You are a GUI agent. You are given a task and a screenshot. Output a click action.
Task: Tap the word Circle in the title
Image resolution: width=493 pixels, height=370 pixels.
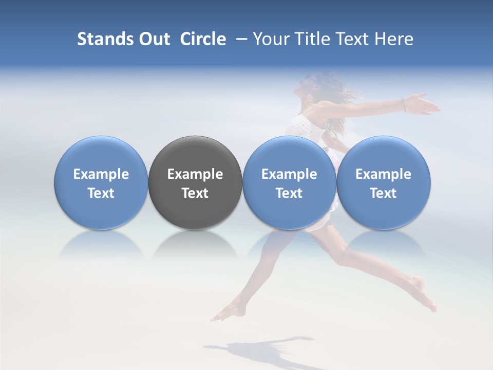pyautogui.click(x=203, y=40)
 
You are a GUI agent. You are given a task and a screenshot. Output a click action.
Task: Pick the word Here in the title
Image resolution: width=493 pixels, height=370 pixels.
pyautogui.click(x=394, y=40)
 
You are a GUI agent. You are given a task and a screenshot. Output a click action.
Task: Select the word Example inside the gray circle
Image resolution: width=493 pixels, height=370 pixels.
pyautogui.click(x=195, y=174)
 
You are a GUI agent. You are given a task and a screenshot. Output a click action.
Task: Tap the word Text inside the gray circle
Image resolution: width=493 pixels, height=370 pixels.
pyautogui.click(x=195, y=193)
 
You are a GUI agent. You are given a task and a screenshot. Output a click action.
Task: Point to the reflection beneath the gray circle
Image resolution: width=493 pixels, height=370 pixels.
pyautogui.click(x=195, y=244)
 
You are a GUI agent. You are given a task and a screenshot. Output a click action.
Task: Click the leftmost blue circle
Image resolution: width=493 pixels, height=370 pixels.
pyautogui.click(x=101, y=182)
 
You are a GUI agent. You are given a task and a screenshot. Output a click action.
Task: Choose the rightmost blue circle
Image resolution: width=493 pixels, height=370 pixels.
pyautogui.click(x=384, y=182)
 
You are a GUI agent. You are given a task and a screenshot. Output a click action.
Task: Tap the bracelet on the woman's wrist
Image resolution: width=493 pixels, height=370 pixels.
pyautogui.click(x=404, y=105)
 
